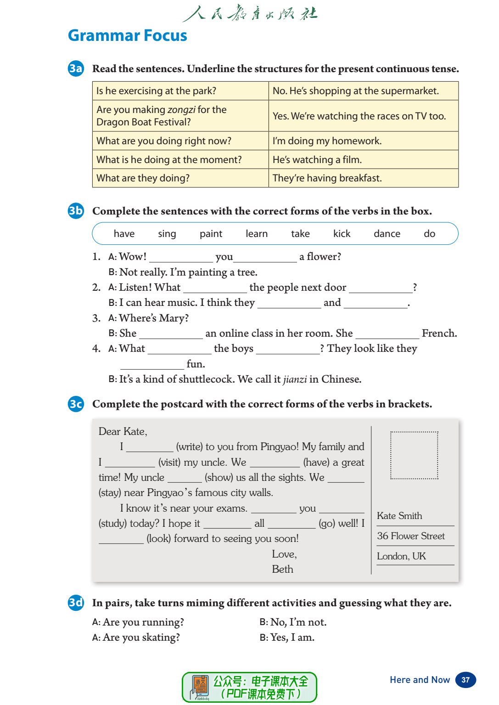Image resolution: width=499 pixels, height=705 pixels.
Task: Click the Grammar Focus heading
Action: pos(127,35)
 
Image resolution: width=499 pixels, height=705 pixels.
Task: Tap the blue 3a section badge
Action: pos(76,68)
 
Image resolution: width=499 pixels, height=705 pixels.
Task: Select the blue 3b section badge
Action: pos(76,211)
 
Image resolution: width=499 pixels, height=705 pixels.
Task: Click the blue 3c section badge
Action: pos(76,404)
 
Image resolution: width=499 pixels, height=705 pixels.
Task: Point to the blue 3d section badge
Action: pos(76,603)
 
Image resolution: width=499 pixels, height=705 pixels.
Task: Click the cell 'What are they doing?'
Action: pos(143,178)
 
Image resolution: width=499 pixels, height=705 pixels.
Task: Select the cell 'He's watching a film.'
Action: pos(317,160)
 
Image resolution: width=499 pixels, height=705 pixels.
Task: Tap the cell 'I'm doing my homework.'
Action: pos(327,141)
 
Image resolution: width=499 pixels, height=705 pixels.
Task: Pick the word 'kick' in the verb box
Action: pos(342,234)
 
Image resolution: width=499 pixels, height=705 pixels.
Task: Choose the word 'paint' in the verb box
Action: pos(211,234)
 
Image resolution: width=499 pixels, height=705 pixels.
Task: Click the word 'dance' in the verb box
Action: pos(387,234)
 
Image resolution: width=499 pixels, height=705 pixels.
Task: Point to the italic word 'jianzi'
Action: pos(295,379)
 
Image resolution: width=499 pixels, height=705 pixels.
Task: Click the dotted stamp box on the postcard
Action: pos(414,455)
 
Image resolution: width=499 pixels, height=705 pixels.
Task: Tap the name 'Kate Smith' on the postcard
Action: pos(399,516)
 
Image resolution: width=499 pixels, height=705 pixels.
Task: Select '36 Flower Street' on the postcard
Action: pos(411,536)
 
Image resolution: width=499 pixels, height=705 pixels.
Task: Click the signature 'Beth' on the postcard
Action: pos(282,570)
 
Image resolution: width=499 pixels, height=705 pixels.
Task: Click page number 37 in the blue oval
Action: pos(465,680)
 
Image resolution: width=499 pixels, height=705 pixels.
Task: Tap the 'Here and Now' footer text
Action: pos(420,680)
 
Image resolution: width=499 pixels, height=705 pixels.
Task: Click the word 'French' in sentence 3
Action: pos(438,333)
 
